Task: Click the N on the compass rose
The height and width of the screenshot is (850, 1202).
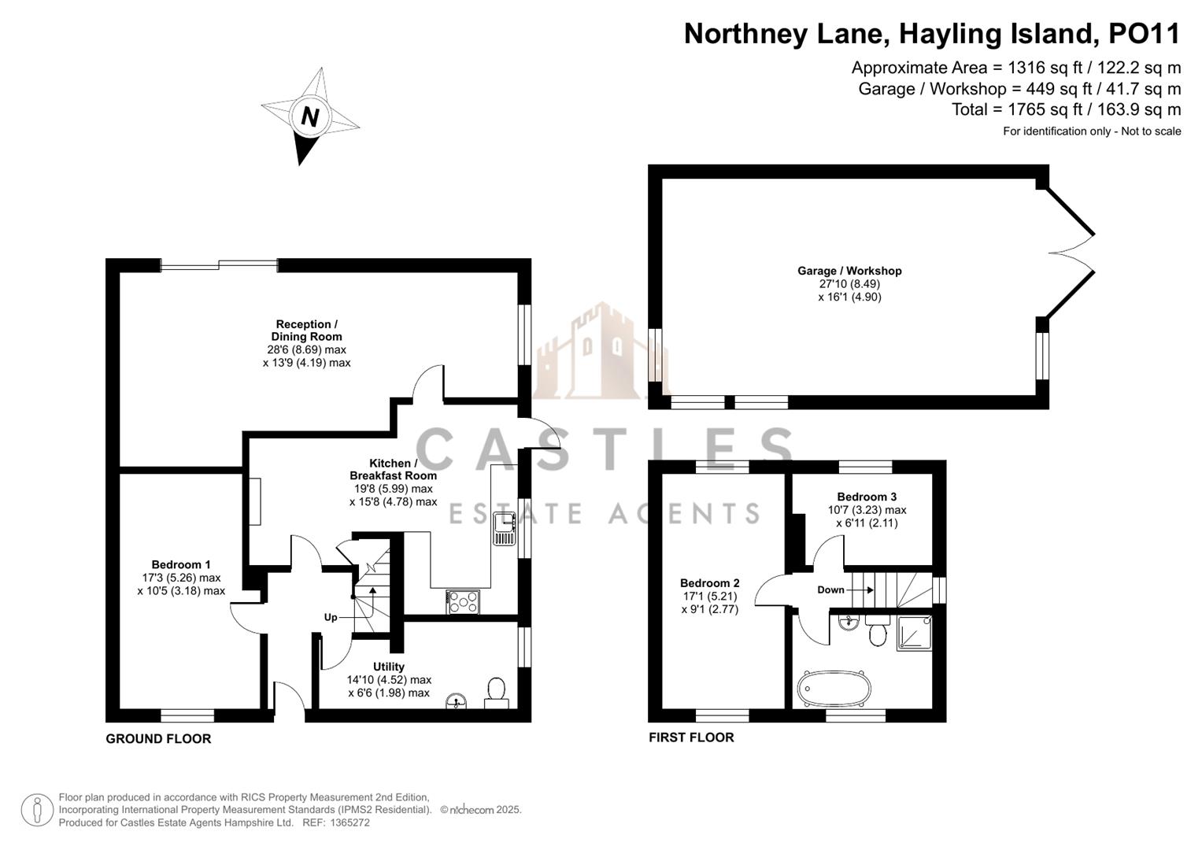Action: coord(309,116)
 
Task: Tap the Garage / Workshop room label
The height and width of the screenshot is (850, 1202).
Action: coord(849,271)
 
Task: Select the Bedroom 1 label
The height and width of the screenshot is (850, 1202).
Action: coord(181,564)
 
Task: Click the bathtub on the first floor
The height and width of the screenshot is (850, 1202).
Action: coord(834,689)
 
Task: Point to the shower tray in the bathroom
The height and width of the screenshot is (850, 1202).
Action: coord(915,632)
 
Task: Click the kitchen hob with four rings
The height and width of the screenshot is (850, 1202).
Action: coord(463,602)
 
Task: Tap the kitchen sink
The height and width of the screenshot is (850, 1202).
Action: coord(504,528)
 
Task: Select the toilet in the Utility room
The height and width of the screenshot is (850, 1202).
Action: coord(496,692)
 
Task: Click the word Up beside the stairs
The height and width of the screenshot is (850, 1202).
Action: coord(331,617)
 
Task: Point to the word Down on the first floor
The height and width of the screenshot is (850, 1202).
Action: coord(830,589)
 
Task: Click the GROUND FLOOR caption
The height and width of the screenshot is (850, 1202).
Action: coord(158,739)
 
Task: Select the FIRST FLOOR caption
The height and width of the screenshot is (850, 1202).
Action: coord(691,737)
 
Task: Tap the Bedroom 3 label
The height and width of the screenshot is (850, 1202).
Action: coord(867,497)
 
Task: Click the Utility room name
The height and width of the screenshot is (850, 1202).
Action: coord(389,667)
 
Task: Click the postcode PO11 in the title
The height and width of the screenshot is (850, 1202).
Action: coord(1145,34)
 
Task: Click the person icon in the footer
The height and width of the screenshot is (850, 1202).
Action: coord(37,810)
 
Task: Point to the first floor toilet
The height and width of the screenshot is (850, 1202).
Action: coord(878,631)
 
